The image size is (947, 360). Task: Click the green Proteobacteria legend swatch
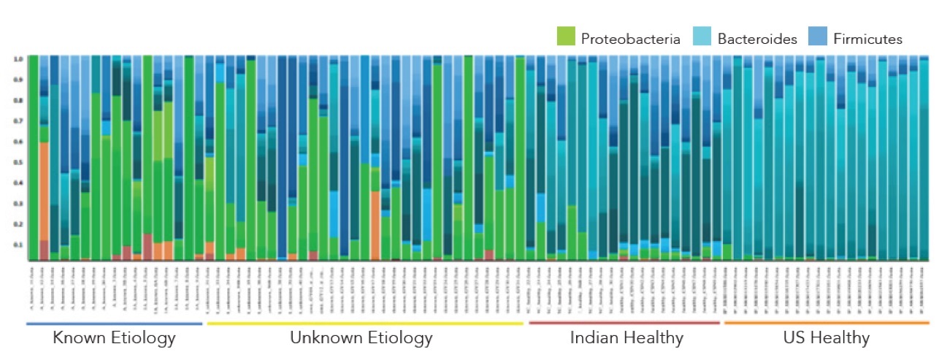coord(567,38)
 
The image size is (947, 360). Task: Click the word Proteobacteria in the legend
coord(631,39)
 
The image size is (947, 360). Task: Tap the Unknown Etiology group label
coord(361,338)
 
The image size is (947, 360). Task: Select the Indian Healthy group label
coord(626,338)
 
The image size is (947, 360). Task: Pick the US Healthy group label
coord(826,338)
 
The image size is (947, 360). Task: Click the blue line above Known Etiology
coord(114,323)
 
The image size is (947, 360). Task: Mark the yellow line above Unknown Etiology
coord(365,323)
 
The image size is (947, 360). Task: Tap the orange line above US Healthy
coord(826,323)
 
